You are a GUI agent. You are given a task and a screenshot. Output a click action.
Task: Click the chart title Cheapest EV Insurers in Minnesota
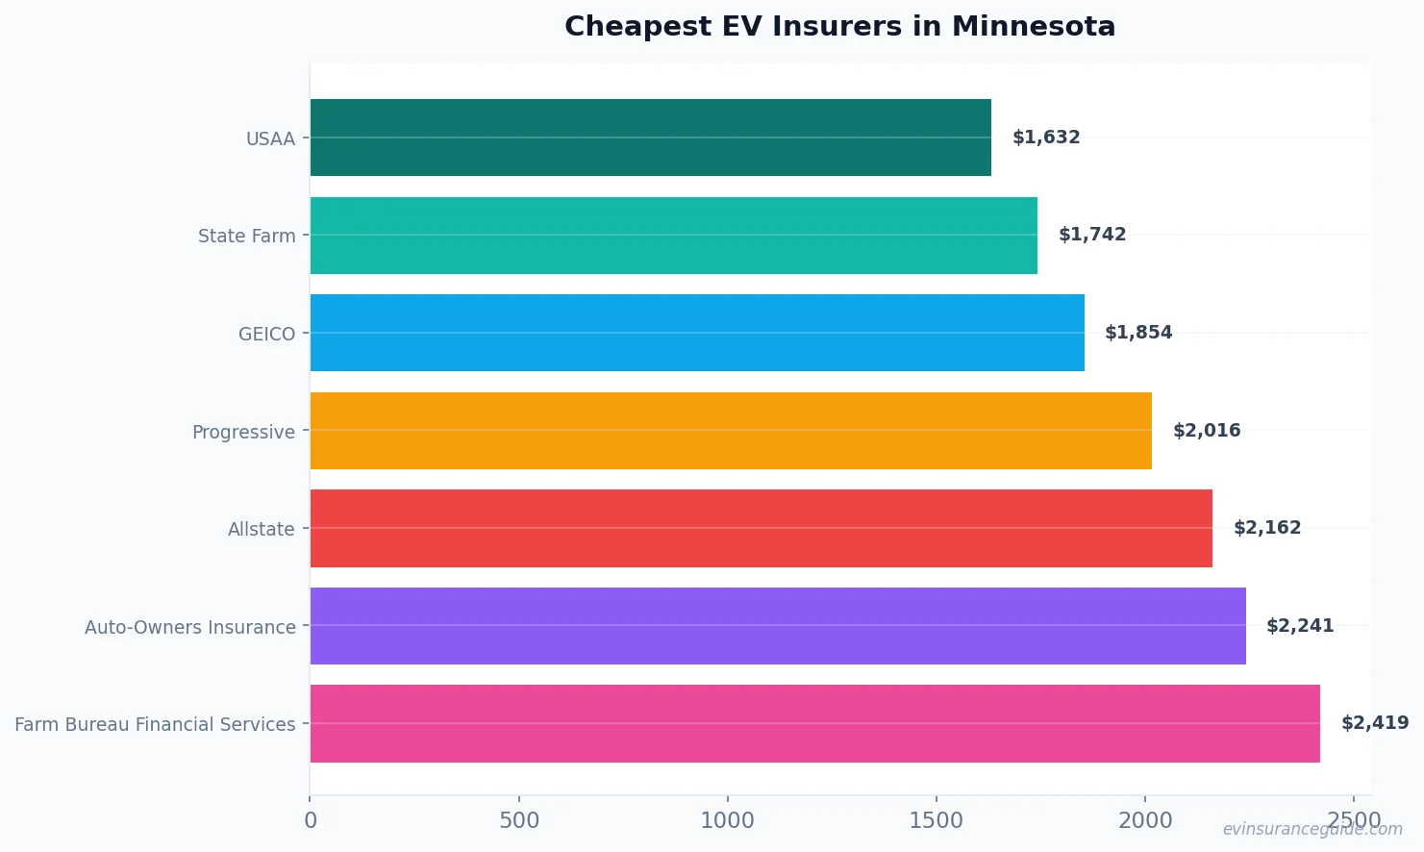click(x=839, y=26)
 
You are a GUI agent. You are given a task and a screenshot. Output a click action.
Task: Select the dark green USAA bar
click(x=650, y=138)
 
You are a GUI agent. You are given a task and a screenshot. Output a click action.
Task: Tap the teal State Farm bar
click(x=673, y=236)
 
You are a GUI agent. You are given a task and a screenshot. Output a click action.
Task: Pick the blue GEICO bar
click(x=697, y=333)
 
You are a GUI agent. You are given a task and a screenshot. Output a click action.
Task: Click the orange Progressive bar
click(x=731, y=431)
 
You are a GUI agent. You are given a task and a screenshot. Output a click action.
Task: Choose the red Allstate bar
click(x=761, y=528)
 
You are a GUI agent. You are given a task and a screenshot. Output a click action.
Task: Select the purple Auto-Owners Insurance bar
click(x=778, y=626)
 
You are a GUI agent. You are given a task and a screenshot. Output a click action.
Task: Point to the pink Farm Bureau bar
click(x=814, y=723)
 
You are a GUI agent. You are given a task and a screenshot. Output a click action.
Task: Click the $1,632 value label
click(x=1046, y=138)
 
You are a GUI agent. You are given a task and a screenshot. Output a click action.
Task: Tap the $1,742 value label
click(x=1092, y=235)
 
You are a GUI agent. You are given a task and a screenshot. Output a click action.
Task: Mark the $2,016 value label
click(x=1207, y=431)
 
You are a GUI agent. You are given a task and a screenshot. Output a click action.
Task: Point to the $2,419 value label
click(x=1375, y=723)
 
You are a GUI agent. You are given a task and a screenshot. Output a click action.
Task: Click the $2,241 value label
click(x=1300, y=626)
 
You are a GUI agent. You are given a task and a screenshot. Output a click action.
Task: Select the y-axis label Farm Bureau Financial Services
click(x=155, y=724)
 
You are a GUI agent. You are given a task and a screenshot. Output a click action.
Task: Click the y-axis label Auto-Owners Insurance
click(x=190, y=627)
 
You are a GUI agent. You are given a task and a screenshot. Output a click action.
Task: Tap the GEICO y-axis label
click(x=266, y=334)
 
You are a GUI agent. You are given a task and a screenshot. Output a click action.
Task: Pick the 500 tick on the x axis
click(x=519, y=820)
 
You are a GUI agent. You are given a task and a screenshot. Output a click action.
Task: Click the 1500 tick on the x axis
click(x=936, y=820)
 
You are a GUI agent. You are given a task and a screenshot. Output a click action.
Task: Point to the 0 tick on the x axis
click(x=311, y=820)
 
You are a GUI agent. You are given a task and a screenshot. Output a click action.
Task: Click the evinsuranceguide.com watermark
click(x=1312, y=829)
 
